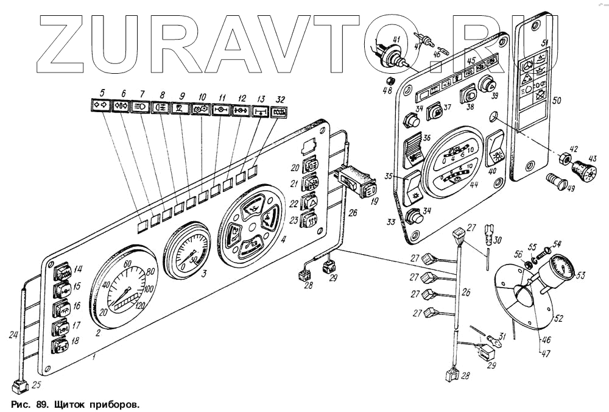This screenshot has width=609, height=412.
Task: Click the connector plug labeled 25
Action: (19, 385)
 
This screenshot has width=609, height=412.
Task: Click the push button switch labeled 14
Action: (62, 271)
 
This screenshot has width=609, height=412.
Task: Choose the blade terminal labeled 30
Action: (487, 232)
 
